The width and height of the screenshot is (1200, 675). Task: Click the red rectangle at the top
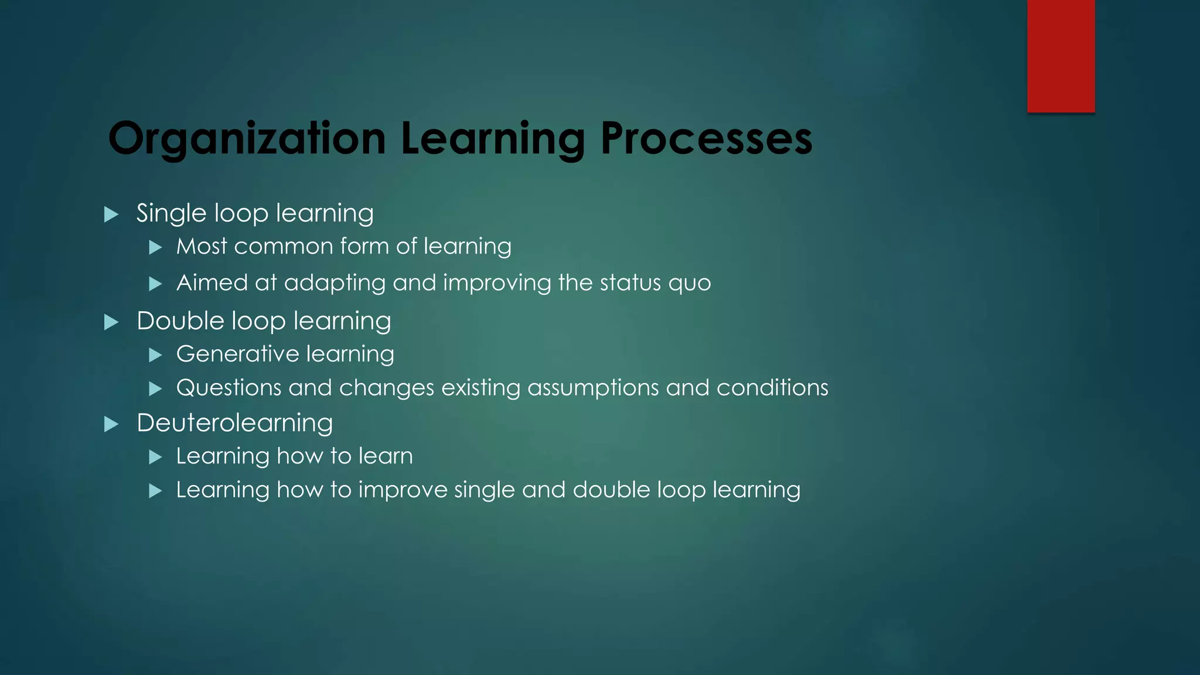coord(1061,56)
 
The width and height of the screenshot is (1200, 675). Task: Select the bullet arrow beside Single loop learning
coord(111,214)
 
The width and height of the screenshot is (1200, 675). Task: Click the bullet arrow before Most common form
coord(155,248)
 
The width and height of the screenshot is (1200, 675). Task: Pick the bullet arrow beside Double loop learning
coord(111,322)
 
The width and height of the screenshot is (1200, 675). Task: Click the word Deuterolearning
coord(234,423)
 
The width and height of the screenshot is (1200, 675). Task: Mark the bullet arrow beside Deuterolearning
coord(111,424)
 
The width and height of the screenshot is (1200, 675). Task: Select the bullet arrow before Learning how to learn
coord(155,457)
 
